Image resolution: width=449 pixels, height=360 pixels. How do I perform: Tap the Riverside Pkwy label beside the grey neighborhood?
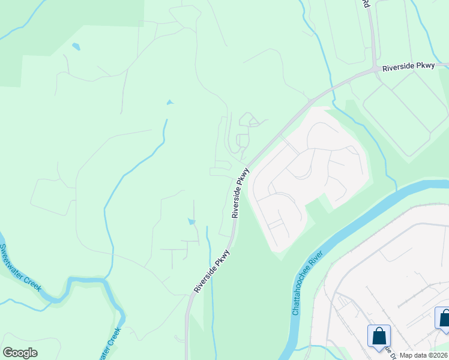pos(240,193)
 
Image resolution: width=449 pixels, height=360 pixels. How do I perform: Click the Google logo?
pos(20,353)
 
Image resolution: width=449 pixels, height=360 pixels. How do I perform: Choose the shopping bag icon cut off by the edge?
pos(444,318)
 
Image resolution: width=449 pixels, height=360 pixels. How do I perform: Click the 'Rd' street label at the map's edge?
pos(366,4)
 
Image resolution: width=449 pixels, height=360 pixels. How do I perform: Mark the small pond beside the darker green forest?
pos(76,46)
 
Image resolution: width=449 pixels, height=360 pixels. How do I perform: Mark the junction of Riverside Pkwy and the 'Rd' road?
pos(375,68)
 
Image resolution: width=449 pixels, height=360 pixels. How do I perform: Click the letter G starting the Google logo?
pos(7,353)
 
